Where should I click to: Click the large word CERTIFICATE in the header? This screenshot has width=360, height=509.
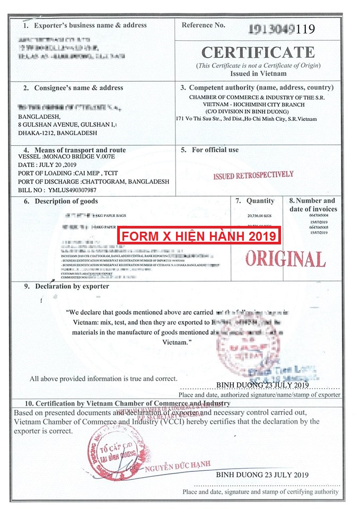[258, 52]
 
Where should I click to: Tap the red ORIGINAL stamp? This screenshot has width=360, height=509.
[285, 258]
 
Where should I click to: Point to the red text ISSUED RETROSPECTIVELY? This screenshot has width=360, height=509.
[253, 175]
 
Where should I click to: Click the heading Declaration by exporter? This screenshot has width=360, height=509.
[72, 286]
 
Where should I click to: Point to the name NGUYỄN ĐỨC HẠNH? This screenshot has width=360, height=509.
[178, 466]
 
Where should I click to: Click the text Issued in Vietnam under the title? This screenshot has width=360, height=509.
[258, 74]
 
